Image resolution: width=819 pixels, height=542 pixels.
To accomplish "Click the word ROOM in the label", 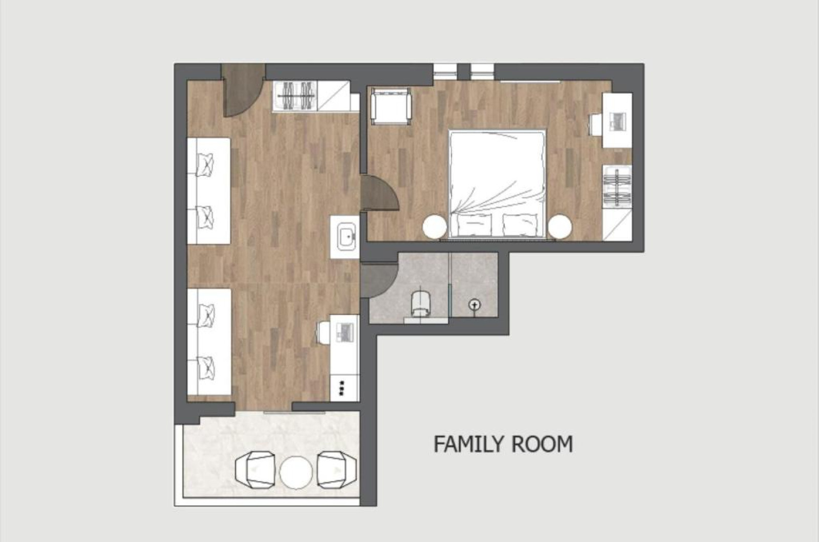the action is coord(542,444).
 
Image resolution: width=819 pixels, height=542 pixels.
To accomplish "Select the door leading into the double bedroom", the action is coord(378,193).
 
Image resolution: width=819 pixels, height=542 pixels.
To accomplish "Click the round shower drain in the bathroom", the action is coord(475,304).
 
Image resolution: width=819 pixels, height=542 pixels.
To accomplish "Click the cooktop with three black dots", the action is coord(342,388).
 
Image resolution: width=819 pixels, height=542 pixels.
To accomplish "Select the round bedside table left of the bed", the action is coord(435,227).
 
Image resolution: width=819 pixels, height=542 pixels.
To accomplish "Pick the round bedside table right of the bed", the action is coord(559,227).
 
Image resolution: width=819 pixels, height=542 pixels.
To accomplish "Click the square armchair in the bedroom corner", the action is coord(391,106).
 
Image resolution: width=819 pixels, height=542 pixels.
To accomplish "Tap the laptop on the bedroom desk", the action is coord(617,121).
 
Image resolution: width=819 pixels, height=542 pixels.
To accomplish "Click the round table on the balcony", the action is coord(296,472).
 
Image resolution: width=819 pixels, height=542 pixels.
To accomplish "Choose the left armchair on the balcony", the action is coord(255,470).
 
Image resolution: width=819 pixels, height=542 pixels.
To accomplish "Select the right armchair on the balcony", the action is coord(336,470).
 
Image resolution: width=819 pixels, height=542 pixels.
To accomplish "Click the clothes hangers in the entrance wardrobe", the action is coord(295,97).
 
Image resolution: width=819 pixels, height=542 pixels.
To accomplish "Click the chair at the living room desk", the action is coord(323,332).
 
